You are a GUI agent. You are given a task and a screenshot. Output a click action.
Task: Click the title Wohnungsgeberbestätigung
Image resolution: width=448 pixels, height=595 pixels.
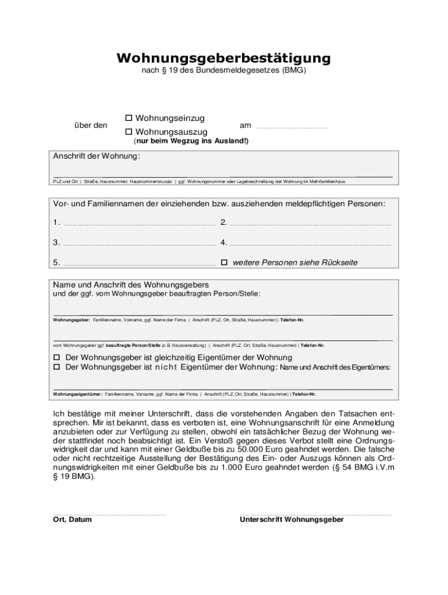point(223,58)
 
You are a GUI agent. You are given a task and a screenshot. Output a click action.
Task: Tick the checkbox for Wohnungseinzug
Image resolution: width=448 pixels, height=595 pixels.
point(129,119)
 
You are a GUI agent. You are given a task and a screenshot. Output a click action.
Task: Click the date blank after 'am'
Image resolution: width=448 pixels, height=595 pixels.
point(292,126)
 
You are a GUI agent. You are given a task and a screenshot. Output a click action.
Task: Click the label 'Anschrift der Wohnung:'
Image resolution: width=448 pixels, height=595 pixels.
point(97,157)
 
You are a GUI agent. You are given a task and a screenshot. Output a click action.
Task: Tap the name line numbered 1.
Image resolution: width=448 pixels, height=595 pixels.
point(139,223)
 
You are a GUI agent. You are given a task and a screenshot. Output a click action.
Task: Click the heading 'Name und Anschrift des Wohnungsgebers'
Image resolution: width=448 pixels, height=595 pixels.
point(131,285)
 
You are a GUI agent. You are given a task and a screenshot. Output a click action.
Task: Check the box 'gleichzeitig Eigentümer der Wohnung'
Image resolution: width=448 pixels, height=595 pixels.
point(57,357)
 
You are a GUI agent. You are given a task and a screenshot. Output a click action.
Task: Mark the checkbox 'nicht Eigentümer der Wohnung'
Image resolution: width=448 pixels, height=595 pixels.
point(57,368)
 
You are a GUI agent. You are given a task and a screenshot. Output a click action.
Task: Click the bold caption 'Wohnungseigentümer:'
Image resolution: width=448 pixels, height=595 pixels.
point(78,395)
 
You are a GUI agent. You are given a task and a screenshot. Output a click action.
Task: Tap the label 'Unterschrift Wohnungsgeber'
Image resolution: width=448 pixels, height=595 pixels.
point(291,519)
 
